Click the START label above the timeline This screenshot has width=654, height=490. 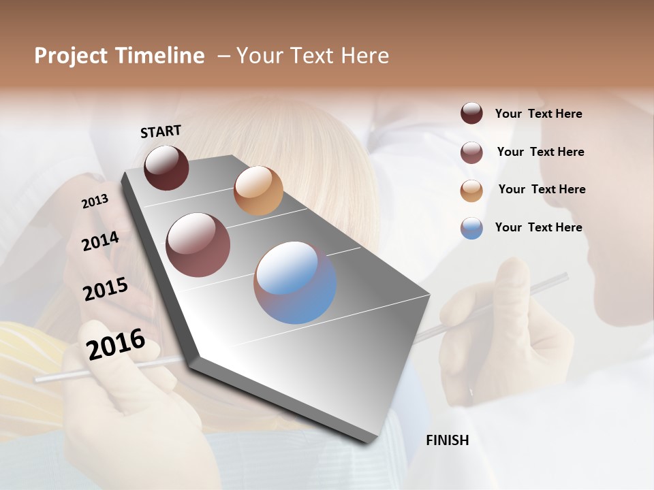click(161, 131)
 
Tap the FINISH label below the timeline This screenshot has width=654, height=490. click(448, 440)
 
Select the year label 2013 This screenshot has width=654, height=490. click(95, 201)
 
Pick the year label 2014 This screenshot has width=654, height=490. click(100, 241)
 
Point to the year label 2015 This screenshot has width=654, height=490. click(106, 289)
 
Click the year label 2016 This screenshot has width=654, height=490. click(116, 344)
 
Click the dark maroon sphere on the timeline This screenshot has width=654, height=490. click(166, 167)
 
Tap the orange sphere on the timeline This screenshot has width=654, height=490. click(258, 191)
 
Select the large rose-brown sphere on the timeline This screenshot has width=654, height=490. click(198, 245)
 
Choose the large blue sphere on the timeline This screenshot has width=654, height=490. click(295, 282)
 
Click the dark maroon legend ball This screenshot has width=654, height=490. click(471, 114)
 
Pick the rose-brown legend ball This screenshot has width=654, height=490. click(471, 152)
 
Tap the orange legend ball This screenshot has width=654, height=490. click(471, 191)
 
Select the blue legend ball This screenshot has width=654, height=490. click(471, 228)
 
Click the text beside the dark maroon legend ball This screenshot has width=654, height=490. click(538, 114)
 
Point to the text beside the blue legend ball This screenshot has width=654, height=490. click(538, 227)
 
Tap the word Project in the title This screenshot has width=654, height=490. click(71, 56)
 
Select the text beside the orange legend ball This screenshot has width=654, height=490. click(542, 189)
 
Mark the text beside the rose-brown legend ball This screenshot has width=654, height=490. click(540, 152)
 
